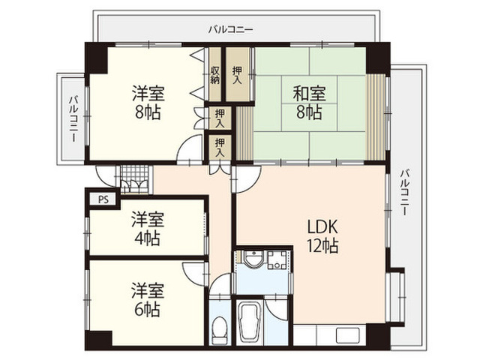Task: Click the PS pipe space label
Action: click(103, 200)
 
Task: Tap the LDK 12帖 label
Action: click(322, 236)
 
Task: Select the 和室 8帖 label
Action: click(309, 103)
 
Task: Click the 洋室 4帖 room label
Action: click(148, 229)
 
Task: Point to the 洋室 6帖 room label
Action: click(148, 300)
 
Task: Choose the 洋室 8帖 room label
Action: click(148, 103)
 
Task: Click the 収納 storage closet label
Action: click(215, 75)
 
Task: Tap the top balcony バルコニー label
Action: click(231, 30)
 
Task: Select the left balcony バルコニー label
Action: click(73, 119)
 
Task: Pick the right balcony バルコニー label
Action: click(404, 192)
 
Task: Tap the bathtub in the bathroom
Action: click(250, 322)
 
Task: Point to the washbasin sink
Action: click(253, 259)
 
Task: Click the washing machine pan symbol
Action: click(277, 260)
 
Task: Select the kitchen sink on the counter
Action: click(348, 335)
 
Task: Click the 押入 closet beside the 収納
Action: click(238, 75)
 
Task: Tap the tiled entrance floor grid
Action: click(136, 180)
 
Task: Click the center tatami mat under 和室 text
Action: click(309, 103)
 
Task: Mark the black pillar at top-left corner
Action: click(97, 58)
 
